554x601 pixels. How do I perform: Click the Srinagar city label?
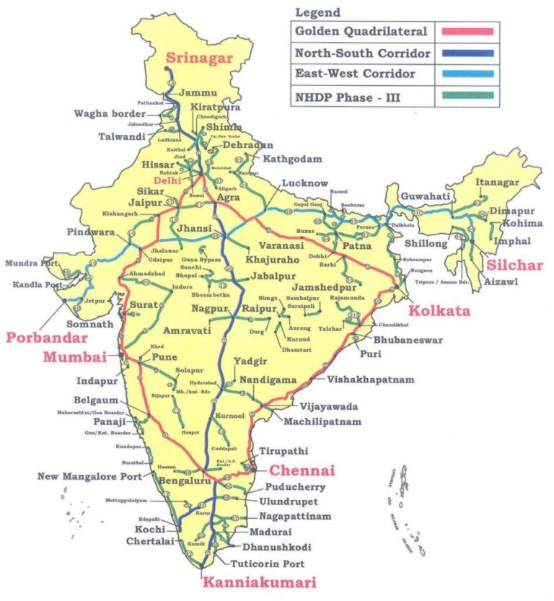[200, 58]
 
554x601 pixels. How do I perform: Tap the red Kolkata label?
[439, 311]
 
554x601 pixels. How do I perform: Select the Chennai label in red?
[302, 470]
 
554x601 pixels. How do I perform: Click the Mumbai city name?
[74, 356]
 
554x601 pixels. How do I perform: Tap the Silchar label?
[518, 266]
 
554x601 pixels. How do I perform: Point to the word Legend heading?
[317, 13]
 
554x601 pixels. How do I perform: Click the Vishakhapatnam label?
[371, 379]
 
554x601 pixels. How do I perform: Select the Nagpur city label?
[210, 310]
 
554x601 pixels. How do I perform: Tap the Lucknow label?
[304, 183]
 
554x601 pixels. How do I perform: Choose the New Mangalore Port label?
[90, 476]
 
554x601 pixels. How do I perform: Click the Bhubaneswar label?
[408, 340]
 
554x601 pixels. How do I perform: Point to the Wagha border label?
[110, 114]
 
